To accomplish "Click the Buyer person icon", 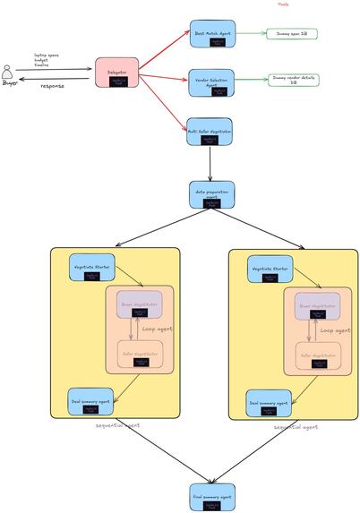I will [10, 73].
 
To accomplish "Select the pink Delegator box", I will [116, 73].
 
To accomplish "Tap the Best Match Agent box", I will [212, 34].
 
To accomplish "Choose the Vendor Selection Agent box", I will [212, 82].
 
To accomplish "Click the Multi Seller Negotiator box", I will [210, 131].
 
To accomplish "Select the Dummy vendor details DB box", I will [294, 80].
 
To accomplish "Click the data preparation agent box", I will [211, 194].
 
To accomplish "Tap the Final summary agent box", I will [212, 497].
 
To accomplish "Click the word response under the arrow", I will [53, 87].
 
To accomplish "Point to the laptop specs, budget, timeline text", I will [47, 58].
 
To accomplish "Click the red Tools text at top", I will [283, 4].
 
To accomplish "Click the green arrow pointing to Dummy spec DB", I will [251, 34].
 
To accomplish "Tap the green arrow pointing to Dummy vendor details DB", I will [252, 79].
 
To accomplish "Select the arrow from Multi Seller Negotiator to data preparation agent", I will [210, 164].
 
